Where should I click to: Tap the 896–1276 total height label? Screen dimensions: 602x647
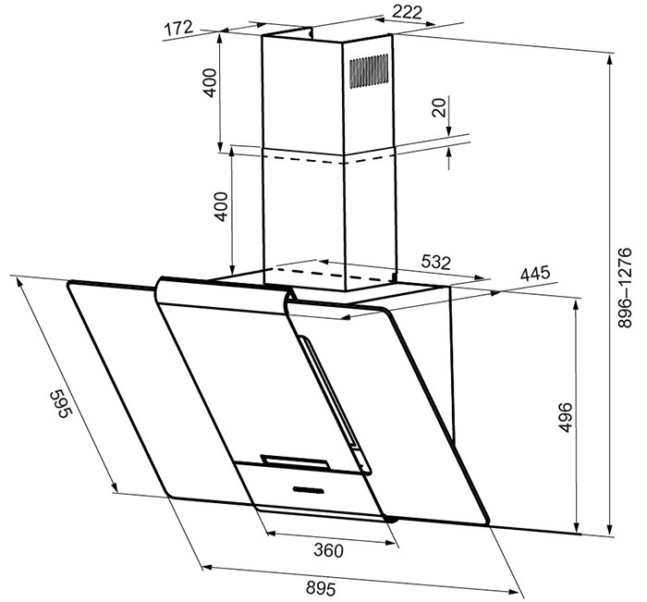pyautogui.click(x=626, y=288)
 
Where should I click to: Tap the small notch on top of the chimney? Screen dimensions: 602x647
pyautogui.click(x=308, y=32)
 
